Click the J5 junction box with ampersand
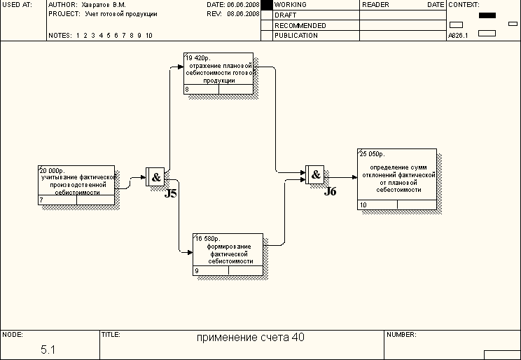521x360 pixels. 155,177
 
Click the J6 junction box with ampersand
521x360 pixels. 315,174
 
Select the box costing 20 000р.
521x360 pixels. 76,185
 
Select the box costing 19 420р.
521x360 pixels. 218,73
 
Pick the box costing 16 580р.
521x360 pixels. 228,254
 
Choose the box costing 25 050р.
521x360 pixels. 397,179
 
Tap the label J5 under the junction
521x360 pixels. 171,193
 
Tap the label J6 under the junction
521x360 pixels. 331,191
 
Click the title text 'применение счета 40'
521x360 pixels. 250,338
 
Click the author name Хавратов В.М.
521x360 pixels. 105,5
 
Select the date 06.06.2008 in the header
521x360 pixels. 243,5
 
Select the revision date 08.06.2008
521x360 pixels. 243,14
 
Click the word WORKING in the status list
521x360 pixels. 291,5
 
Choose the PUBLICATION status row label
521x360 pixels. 296,35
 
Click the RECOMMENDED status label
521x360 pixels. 300,25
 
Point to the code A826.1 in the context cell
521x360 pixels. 459,35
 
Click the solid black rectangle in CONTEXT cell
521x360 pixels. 487,15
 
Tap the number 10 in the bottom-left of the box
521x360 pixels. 363,205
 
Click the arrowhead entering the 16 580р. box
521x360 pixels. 190,252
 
